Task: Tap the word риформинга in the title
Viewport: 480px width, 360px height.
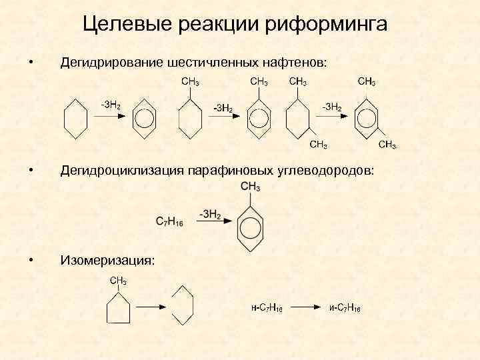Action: point(327,25)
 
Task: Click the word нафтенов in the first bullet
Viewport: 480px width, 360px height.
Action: point(295,63)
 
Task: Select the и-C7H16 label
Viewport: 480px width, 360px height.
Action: point(345,307)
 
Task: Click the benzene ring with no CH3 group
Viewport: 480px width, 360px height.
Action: point(143,121)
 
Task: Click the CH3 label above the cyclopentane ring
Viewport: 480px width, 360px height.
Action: point(119,280)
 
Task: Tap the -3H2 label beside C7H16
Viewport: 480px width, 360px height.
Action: point(209,213)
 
